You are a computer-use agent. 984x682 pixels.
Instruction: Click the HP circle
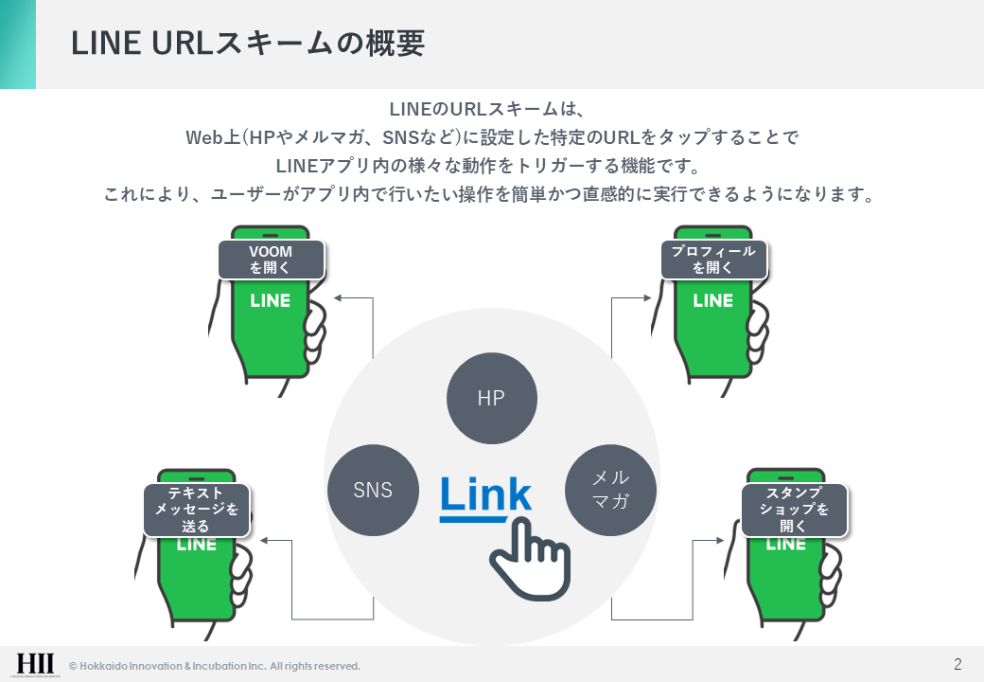point(491,398)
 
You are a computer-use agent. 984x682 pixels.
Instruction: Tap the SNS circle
point(373,490)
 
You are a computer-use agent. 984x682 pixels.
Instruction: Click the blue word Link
point(485,495)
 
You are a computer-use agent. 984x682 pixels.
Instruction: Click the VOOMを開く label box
point(271,260)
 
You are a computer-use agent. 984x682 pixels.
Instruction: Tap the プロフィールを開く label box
point(712,260)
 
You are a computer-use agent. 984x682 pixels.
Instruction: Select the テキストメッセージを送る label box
point(196,510)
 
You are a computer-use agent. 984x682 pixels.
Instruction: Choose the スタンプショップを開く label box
point(793,510)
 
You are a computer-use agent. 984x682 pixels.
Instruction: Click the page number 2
point(958,663)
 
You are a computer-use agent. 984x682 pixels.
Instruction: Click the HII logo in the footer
point(36,664)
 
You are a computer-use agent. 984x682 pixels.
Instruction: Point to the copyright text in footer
point(214,666)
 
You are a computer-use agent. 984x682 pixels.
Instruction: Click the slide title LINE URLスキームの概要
point(249,44)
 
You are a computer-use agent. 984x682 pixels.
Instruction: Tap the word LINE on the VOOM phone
point(271,300)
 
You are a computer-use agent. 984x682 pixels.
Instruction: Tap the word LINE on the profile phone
point(712,300)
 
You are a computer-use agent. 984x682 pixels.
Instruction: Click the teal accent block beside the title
point(18,44)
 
